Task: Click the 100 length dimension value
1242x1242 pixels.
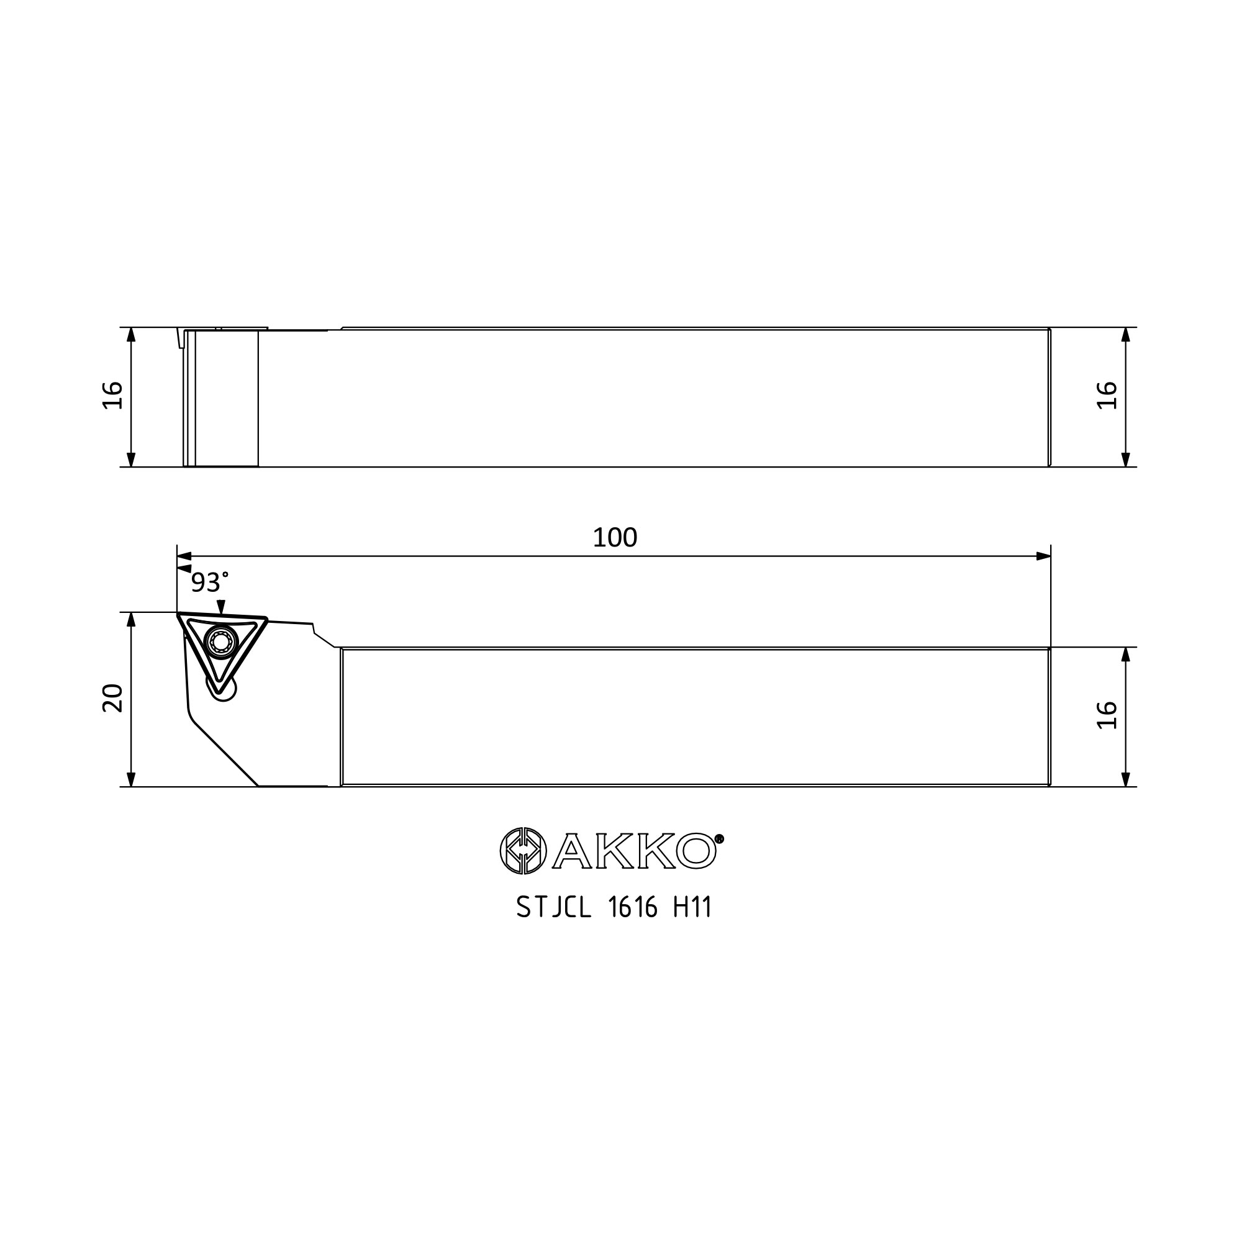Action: (615, 537)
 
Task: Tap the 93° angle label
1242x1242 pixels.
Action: (209, 583)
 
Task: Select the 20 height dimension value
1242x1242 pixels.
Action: (113, 698)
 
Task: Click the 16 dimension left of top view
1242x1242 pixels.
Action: (113, 396)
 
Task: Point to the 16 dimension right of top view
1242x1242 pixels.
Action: (1108, 396)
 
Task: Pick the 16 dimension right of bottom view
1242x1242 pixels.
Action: (1108, 715)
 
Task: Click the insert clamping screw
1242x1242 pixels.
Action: (220, 641)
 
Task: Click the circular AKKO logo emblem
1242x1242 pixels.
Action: (524, 851)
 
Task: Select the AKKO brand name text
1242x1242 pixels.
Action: (635, 851)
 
